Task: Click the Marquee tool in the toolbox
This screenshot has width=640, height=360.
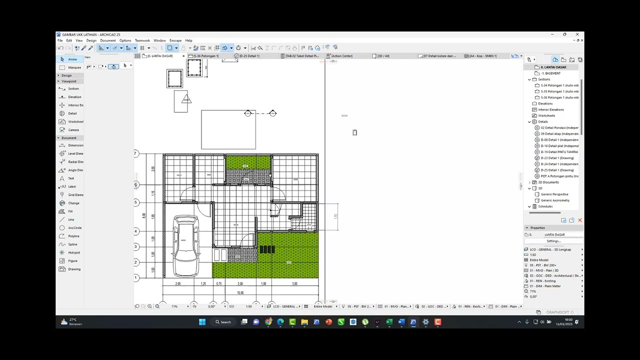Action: point(74,67)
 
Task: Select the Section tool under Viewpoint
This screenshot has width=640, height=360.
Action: point(73,88)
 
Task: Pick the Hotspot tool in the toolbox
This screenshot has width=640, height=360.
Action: point(73,252)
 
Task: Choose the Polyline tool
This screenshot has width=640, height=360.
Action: point(73,236)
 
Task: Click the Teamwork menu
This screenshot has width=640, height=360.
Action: point(142,40)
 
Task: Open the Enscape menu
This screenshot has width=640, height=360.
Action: point(175,40)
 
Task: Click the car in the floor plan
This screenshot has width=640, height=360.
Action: point(186,245)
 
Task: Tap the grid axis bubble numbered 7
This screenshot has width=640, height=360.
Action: point(135,153)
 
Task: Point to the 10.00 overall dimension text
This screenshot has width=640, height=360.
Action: point(240,292)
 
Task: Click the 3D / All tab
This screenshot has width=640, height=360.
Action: point(383,56)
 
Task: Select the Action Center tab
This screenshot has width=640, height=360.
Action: point(341,56)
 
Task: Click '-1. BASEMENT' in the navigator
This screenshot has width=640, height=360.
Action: point(550,73)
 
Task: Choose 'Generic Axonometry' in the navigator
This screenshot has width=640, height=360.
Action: point(554,200)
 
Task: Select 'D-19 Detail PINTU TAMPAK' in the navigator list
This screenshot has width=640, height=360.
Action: point(559,152)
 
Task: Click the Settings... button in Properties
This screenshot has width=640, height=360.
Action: point(553,241)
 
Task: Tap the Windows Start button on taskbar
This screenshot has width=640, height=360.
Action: point(202,322)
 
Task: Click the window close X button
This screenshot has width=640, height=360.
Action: point(577,34)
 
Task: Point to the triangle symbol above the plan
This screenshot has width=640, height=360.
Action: point(186,99)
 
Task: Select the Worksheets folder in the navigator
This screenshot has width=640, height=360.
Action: point(546,115)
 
